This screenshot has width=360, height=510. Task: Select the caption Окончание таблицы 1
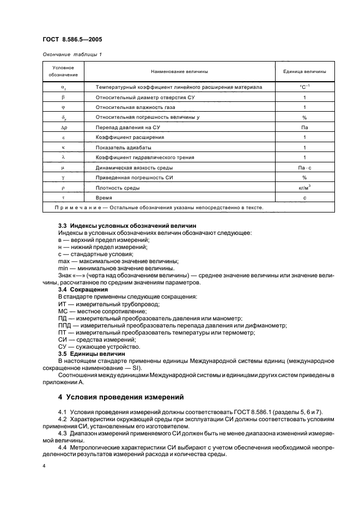click(x=72, y=54)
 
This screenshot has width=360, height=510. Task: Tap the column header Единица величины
click(x=304, y=71)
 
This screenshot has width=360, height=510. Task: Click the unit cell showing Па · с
click(x=304, y=168)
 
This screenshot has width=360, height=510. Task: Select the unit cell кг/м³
click(x=304, y=187)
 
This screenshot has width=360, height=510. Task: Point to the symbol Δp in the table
click(x=64, y=127)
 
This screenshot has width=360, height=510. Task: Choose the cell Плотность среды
click(x=117, y=188)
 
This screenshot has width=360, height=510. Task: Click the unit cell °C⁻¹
click(x=304, y=87)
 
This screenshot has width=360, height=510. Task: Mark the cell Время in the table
click(x=104, y=198)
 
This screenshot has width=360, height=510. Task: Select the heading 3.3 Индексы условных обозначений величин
click(x=120, y=226)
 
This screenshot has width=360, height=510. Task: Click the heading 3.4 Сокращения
click(x=83, y=289)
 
